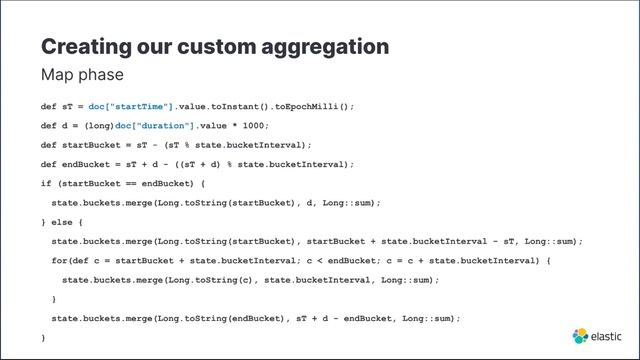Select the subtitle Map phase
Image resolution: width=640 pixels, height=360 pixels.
[82, 75]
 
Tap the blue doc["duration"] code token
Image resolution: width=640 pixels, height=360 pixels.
[154, 125]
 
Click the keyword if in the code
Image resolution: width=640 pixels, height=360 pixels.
[45, 183]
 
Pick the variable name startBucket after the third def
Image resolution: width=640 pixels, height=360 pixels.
[89, 145]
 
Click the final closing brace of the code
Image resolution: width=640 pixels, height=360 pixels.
[43, 338]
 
